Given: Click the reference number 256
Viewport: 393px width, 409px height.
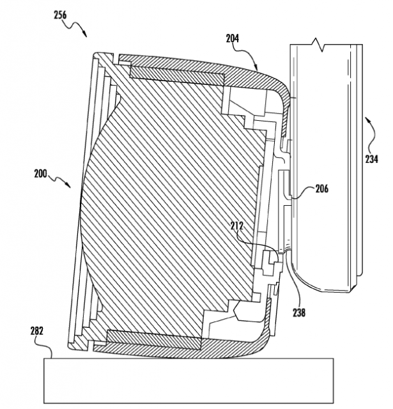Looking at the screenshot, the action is [60, 15].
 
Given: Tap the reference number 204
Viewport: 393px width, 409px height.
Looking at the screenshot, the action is [233, 38].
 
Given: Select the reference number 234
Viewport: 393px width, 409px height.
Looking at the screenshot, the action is [371, 159].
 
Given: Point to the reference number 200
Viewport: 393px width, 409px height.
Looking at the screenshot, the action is [40, 174].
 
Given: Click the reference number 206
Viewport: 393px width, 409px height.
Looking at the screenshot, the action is [322, 189].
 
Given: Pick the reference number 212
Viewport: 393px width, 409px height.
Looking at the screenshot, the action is [237, 226].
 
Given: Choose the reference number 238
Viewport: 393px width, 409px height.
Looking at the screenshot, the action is [299, 313].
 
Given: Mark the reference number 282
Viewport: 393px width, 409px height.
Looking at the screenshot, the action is [37, 331].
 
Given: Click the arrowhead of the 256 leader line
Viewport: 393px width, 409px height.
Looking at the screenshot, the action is [85, 34].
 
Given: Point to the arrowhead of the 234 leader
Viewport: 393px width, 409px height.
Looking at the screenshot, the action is [367, 120].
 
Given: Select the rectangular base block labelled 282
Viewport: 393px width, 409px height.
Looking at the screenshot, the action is [189, 380].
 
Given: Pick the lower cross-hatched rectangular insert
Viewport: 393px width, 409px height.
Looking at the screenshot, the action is [154, 339].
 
